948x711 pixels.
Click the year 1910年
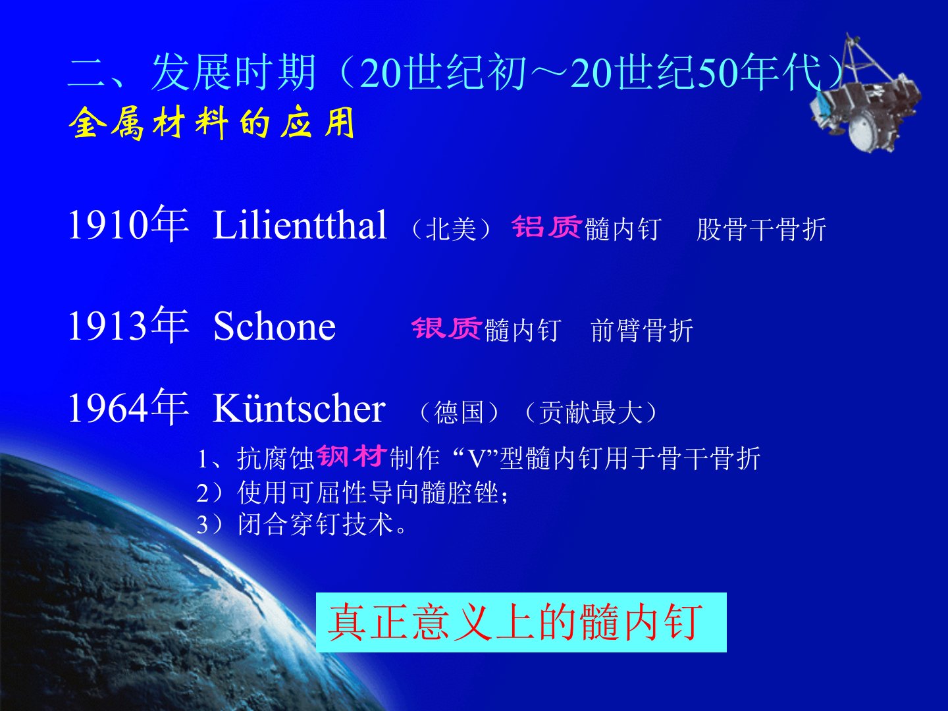click(128, 224)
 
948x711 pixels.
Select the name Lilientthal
click(300, 225)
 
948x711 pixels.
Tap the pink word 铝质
click(546, 226)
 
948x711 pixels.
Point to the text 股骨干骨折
click(762, 229)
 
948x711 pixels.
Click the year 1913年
click(128, 325)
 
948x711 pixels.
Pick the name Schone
click(275, 327)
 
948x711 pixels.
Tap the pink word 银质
click(446, 328)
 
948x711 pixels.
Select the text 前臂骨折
click(642, 330)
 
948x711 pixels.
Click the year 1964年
click(128, 407)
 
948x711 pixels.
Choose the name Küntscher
click(300, 408)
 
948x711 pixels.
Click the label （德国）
click(459, 412)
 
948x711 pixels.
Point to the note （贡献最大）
click(591, 412)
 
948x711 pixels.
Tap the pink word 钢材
click(351, 456)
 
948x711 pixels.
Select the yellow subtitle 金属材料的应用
click(211, 123)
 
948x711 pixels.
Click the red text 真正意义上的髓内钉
click(515, 622)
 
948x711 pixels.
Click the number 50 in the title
click(719, 73)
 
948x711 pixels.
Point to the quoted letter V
click(477, 458)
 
